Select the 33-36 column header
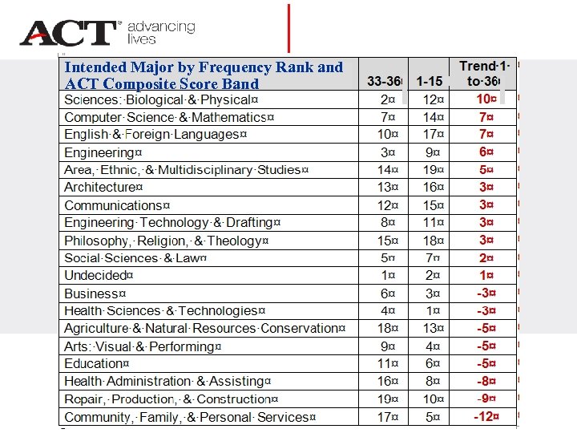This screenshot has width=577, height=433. tap(384, 82)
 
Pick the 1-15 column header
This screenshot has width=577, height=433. tap(430, 82)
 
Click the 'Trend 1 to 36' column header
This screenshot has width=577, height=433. tap(485, 73)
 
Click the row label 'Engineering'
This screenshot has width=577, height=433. tap(103, 152)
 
